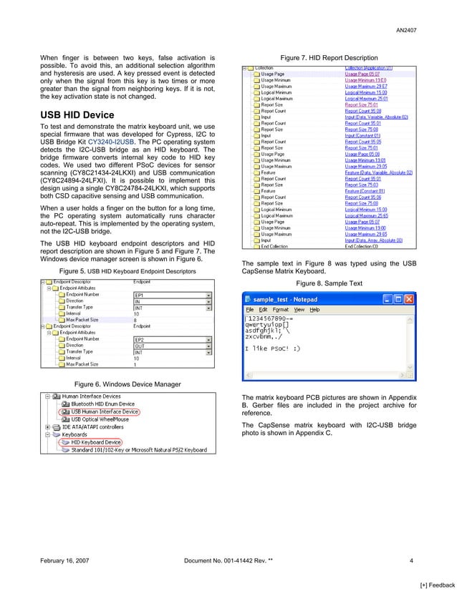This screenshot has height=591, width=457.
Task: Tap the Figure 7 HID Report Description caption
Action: (x=329, y=57)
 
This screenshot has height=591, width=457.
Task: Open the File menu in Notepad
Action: (x=251, y=310)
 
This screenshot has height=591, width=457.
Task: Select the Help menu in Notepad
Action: (x=314, y=310)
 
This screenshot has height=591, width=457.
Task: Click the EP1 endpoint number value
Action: (x=140, y=294)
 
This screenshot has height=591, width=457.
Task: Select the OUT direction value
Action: (x=140, y=345)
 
